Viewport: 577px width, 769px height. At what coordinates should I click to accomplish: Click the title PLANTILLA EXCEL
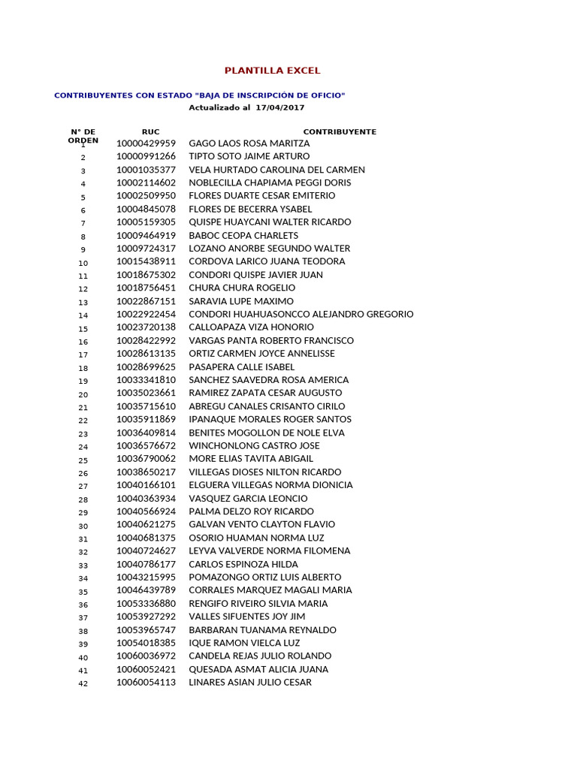click(272, 71)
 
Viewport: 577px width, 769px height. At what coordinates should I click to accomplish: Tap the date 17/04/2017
click(279, 107)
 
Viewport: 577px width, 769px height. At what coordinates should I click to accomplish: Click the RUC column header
click(150, 131)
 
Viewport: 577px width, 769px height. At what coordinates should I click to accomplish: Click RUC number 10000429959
click(146, 143)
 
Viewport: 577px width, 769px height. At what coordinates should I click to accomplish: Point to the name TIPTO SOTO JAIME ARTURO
click(249, 156)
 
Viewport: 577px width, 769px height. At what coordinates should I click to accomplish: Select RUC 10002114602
click(146, 182)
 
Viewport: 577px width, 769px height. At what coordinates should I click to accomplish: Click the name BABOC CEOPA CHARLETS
click(243, 235)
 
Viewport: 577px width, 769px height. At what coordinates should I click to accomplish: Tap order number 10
click(83, 263)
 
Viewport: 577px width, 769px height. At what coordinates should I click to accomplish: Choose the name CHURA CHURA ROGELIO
click(242, 288)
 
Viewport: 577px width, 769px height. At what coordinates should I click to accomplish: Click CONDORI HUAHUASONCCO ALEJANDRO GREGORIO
click(301, 314)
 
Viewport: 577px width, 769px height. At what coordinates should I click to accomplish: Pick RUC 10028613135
click(146, 354)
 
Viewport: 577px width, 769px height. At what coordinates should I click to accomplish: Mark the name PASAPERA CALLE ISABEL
click(241, 366)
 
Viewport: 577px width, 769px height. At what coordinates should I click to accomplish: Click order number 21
click(83, 408)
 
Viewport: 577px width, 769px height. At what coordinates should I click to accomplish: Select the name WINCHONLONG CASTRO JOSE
click(254, 445)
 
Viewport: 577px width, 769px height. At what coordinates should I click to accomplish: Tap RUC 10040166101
click(146, 485)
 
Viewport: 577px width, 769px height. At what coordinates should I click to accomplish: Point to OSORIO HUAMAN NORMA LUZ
click(256, 538)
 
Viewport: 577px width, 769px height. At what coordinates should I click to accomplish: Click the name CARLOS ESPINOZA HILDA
click(243, 564)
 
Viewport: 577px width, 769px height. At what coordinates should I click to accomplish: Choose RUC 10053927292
click(146, 617)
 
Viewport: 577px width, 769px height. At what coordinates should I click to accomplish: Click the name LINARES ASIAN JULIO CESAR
click(250, 682)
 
